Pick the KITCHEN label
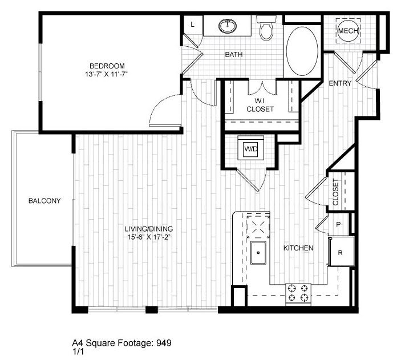(298, 248)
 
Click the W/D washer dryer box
(250, 149)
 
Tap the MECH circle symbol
(348, 31)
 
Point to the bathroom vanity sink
(228, 26)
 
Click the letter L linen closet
(192, 25)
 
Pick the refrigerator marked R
(340, 252)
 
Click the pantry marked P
(338, 225)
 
